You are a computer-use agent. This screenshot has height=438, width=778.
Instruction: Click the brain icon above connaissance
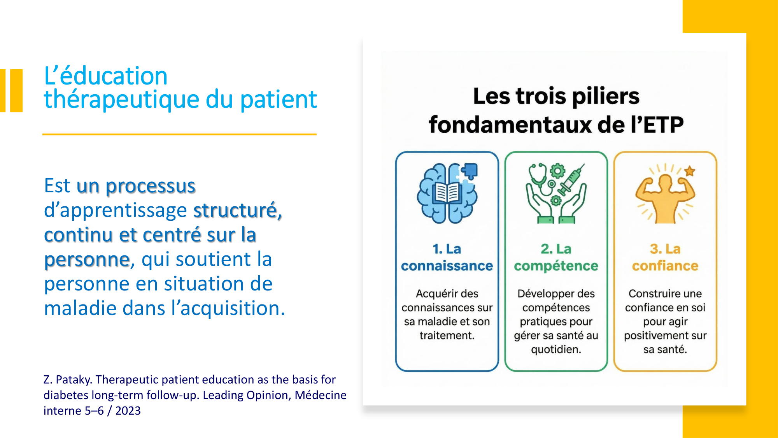pyautogui.click(x=447, y=193)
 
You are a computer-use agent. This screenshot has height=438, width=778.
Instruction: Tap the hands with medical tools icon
pyautogui.click(x=556, y=193)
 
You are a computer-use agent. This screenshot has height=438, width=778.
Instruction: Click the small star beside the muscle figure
pyautogui.click(x=690, y=171)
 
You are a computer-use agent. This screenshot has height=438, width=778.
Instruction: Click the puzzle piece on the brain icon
pyautogui.click(x=469, y=171)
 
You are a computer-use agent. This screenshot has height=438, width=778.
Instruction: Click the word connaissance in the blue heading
pyautogui.click(x=447, y=266)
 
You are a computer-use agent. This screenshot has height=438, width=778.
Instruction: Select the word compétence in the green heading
pyautogui.click(x=556, y=266)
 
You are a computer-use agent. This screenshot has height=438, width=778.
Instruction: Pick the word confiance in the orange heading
pyautogui.click(x=665, y=266)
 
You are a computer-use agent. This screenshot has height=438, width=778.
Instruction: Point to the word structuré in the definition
pyautogui.click(x=237, y=211)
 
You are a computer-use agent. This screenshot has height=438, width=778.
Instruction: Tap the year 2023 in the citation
pyautogui.click(x=128, y=411)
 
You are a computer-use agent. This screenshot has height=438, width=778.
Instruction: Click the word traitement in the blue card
pyautogui.click(x=447, y=336)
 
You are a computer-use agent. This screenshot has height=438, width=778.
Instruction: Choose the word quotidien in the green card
pyautogui.click(x=556, y=350)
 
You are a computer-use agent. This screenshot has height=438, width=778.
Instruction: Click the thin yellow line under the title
pyautogui.click(x=179, y=134)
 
